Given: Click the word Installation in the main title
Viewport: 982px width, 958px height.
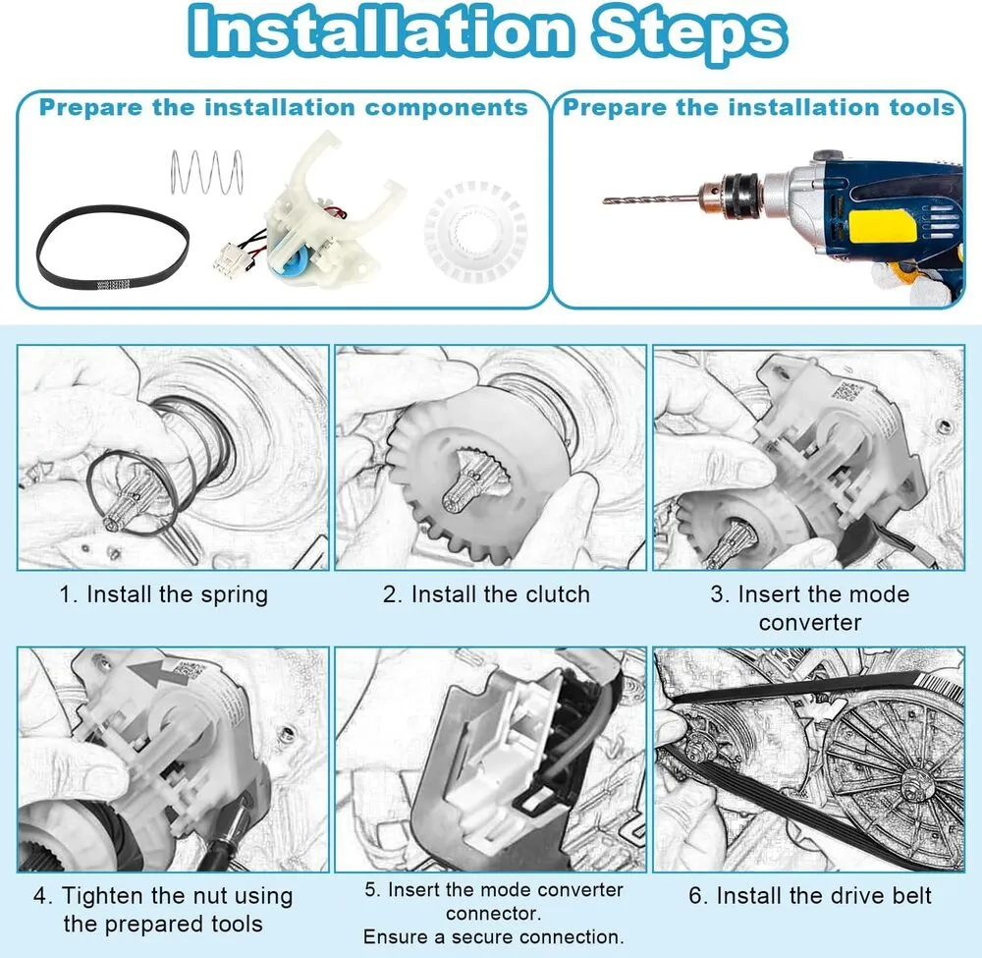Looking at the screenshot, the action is (x=380, y=30).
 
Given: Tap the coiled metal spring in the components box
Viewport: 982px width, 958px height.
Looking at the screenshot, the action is (x=206, y=172).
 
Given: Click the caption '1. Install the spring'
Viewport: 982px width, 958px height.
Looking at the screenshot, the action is (x=163, y=594).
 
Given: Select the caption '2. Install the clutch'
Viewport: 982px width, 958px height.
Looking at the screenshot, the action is (x=487, y=594).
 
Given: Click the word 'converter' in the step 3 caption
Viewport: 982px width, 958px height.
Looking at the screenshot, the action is (x=810, y=622).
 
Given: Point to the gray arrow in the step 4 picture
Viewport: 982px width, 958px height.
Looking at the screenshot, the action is (x=154, y=678).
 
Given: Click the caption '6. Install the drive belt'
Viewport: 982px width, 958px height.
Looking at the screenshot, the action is (x=810, y=895).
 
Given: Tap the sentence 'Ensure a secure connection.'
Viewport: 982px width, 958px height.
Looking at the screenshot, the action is (x=494, y=936).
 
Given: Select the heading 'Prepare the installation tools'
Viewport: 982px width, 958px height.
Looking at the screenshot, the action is (x=758, y=107).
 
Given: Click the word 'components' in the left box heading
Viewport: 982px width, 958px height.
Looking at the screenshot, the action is (x=447, y=108).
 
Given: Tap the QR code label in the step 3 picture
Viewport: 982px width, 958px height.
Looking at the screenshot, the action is (x=846, y=394).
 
